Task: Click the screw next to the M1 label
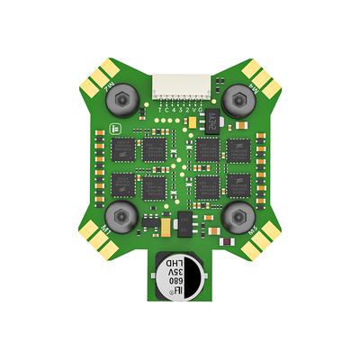point(119,215)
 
